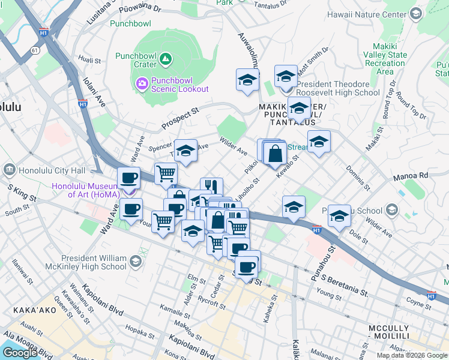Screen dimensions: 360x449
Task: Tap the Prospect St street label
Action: tap(179, 119)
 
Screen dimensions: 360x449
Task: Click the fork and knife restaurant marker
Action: tap(211, 186)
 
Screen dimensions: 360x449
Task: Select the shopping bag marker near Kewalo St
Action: tap(274, 154)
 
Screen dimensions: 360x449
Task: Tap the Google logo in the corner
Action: tap(20, 352)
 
